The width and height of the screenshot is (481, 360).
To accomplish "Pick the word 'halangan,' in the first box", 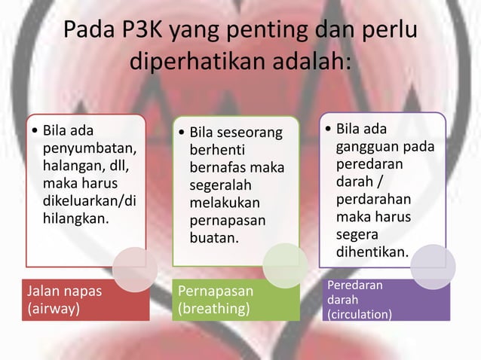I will tap(75, 165).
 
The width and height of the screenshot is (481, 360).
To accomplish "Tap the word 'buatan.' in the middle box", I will tap(213, 238).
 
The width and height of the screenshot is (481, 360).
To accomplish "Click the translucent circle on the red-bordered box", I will tap(135, 268).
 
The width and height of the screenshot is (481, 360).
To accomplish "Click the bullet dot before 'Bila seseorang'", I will tap(181, 134).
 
